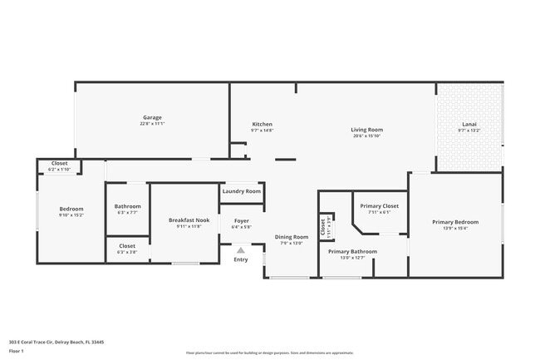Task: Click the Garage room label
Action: [152, 117]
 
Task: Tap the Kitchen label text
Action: [262, 124]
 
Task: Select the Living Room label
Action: [366, 129]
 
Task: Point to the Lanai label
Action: [469, 124]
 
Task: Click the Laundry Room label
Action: [242, 191]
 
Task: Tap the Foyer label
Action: [241, 220]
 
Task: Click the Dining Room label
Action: [292, 237]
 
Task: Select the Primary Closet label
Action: [379, 205]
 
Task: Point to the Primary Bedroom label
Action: [455, 222]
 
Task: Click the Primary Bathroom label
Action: [352, 251]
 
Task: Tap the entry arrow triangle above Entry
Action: [241, 249]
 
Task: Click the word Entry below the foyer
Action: [241, 259]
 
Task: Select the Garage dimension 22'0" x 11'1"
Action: [152, 124]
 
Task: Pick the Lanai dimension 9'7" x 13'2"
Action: [469, 131]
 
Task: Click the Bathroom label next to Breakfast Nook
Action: [127, 206]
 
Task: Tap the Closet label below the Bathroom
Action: [127, 246]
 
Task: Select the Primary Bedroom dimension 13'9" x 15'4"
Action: [455, 229]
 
